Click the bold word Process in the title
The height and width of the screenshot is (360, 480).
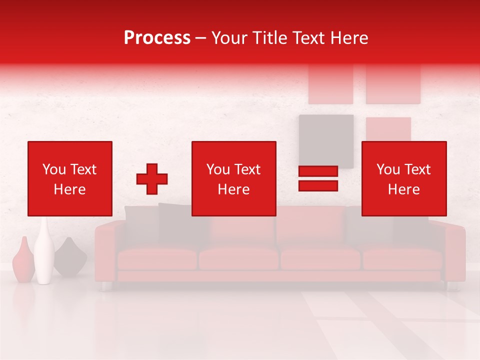coord(157,38)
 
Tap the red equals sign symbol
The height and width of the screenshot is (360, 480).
coord(318,178)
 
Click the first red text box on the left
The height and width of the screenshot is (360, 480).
coord(70,178)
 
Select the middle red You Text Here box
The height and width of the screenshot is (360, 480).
coord(233,178)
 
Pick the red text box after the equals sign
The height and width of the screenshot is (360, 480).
coord(403,178)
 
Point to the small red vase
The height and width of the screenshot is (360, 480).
coord(23,261)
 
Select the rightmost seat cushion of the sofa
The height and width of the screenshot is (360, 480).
coord(402,258)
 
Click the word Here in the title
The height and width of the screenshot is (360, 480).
coord(348,38)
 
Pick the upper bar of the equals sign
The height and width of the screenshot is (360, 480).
coord(318,171)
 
